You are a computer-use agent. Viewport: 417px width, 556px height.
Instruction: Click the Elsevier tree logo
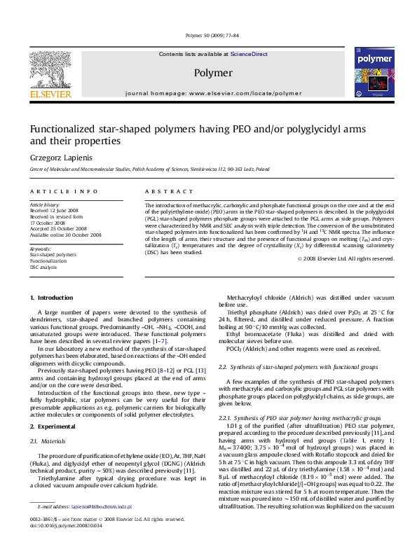pyautogui.click(x=50, y=68)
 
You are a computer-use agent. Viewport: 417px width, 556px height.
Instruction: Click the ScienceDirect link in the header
pyautogui.click(x=249, y=54)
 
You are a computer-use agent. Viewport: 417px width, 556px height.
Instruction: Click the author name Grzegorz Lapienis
pyautogui.click(x=62, y=157)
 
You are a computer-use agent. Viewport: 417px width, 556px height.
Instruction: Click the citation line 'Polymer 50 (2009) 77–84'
pyautogui.click(x=212, y=34)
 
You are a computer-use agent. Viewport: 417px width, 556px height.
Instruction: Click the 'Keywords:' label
pyautogui.click(x=40, y=249)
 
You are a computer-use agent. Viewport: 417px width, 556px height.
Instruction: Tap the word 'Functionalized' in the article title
pyautogui.click(x=69, y=129)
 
